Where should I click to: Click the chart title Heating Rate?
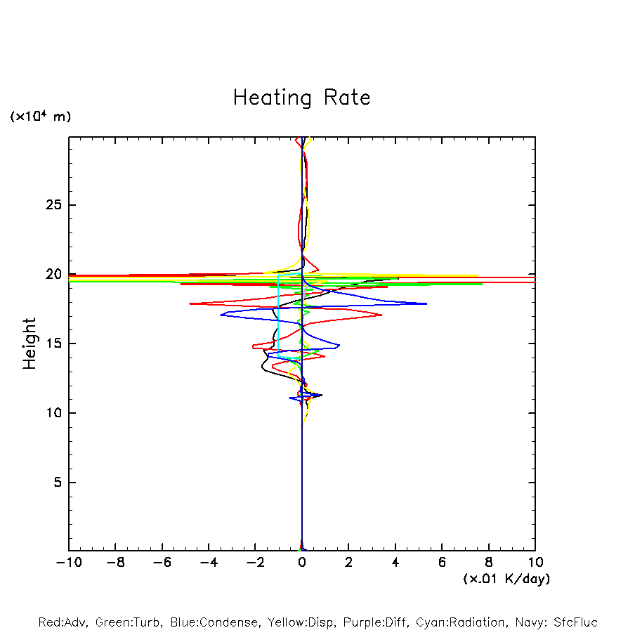[301, 98]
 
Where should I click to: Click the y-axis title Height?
[30, 343]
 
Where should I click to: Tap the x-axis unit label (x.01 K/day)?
[506, 579]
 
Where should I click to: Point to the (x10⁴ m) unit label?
[40, 117]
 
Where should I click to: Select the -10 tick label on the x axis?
[68, 563]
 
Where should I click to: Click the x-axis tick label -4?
[208, 563]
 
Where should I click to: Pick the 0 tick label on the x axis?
[302, 563]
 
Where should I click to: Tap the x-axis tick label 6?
[442, 563]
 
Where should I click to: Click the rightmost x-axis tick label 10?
[535, 563]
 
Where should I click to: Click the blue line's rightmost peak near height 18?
[426, 303]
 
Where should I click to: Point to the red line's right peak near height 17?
[381, 315]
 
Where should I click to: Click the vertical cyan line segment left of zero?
[278, 316]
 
